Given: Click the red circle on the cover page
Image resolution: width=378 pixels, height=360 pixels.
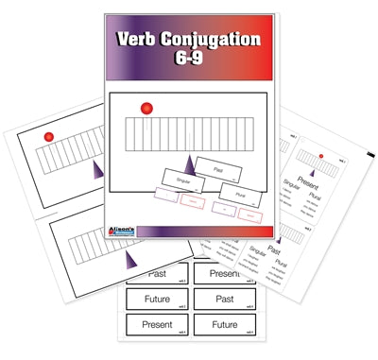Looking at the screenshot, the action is (x=146, y=110).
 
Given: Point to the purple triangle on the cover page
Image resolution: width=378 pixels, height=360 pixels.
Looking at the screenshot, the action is (x=189, y=163).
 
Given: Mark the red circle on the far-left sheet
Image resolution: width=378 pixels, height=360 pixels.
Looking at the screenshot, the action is (x=47, y=137).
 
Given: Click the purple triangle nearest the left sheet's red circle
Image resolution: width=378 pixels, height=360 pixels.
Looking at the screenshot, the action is (x=99, y=169).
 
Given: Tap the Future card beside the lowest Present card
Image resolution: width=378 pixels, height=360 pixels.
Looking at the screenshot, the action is (x=223, y=327).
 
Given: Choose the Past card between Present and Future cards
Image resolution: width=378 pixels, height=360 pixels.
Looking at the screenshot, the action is (x=223, y=300).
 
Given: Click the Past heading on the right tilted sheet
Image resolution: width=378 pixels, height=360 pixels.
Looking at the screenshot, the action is (x=274, y=251).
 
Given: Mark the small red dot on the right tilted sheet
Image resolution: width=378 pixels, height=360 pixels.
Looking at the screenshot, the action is (x=323, y=156).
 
